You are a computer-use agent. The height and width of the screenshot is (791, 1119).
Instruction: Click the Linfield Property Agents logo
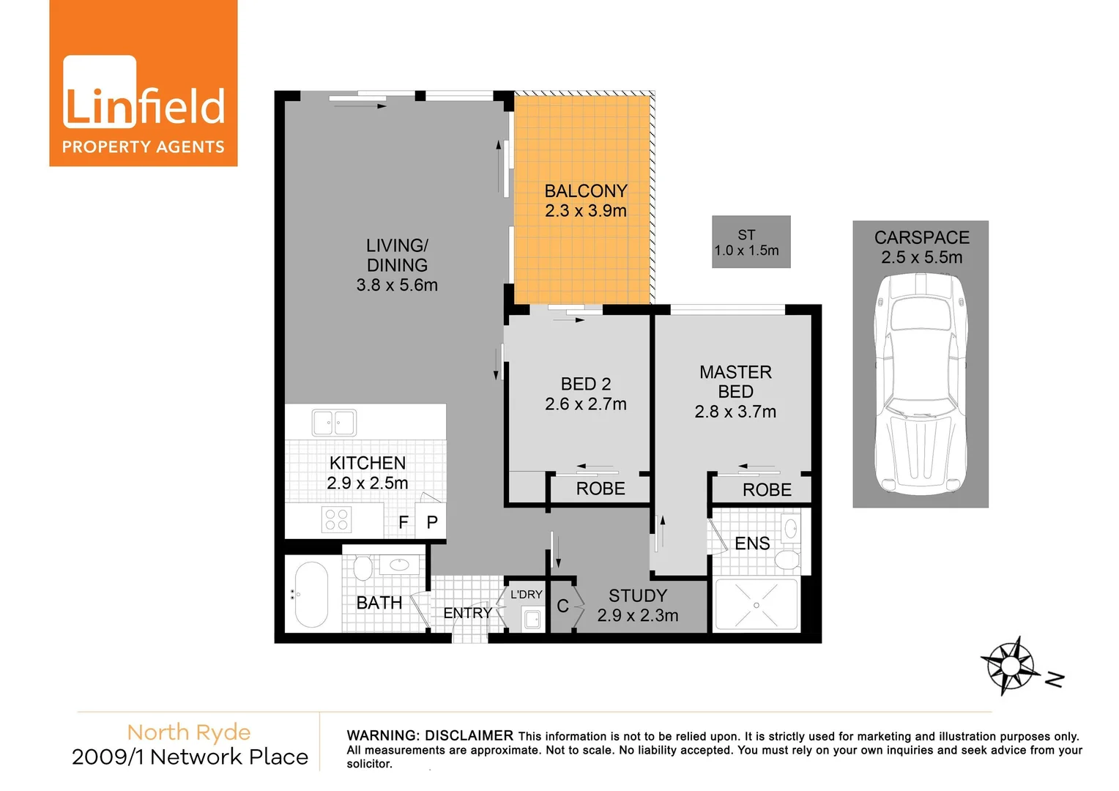(x=144, y=83)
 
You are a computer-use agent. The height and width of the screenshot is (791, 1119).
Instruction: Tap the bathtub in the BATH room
(x=311, y=595)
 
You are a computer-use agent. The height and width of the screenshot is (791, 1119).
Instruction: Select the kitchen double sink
(x=334, y=423)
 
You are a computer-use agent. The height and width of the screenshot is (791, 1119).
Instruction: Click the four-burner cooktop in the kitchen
(x=336, y=520)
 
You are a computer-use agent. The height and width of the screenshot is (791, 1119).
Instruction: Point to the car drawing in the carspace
(x=921, y=384)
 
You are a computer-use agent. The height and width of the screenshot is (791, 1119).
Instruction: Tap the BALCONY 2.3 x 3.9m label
(x=586, y=201)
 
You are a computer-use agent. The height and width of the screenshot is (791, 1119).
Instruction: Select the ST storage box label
(x=747, y=242)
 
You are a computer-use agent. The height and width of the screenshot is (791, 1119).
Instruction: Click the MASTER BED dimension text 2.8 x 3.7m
(x=735, y=412)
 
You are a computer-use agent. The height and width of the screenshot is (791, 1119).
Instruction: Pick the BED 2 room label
(x=586, y=385)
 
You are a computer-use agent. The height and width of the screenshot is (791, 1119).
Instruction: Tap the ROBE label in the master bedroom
(x=767, y=490)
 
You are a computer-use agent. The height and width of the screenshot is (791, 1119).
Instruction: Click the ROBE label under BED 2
(x=601, y=489)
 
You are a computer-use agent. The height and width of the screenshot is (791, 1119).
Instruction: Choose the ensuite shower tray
(x=756, y=604)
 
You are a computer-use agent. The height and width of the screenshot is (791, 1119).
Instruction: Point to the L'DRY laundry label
(x=526, y=594)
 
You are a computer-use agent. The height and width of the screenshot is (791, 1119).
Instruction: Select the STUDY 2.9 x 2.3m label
(x=638, y=606)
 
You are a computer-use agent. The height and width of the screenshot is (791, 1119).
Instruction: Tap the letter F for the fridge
(x=404, y=522)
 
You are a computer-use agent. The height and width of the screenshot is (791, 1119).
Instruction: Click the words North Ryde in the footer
(x=189, y=732)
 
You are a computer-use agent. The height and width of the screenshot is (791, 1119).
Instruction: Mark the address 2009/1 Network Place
(x=190, y=757)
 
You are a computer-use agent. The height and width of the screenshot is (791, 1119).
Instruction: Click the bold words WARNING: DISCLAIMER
(x=430, y=735)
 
